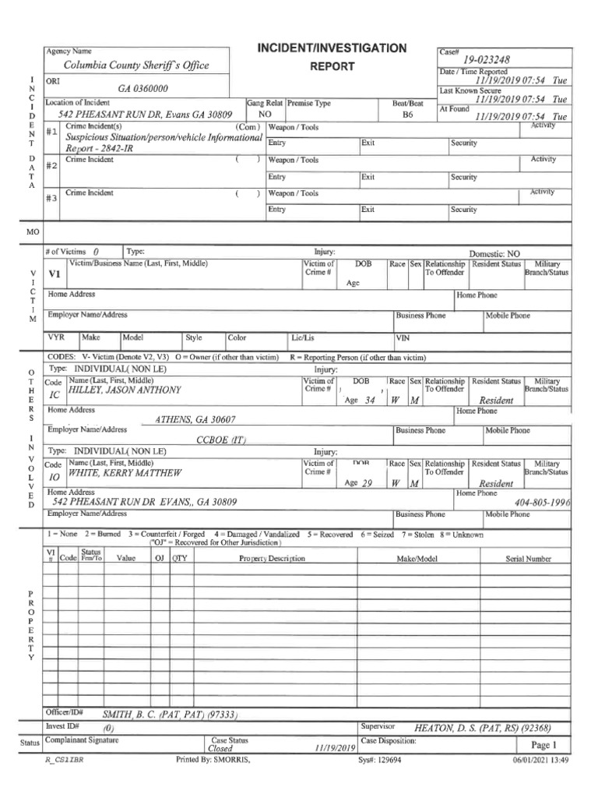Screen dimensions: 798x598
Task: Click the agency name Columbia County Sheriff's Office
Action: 136,66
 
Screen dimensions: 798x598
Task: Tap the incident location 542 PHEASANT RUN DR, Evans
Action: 139,114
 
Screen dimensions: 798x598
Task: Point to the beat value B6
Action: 407,114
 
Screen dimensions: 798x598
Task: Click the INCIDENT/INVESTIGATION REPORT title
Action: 332,57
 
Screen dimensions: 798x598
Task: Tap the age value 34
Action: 370,400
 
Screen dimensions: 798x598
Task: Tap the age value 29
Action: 368,483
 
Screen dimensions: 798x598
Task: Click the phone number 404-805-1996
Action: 542,503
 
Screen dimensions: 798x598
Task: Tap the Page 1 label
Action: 543,744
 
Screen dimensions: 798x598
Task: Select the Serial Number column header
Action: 528,559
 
